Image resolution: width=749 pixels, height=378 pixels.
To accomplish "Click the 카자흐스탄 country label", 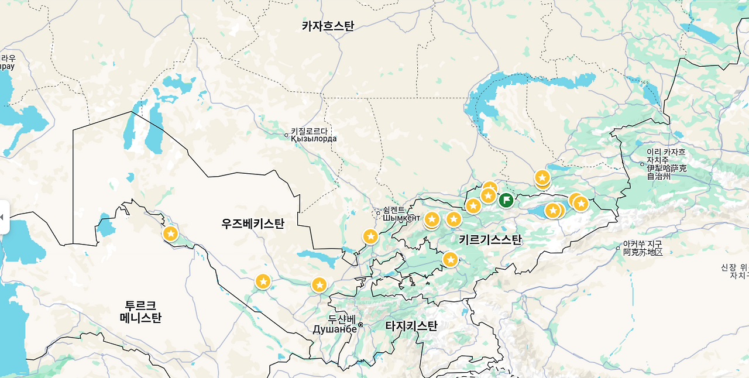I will click(328, 26).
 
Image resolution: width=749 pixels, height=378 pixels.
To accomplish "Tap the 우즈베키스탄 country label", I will click(253, 224).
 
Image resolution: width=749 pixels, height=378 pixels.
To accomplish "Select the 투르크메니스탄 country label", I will click(140, 312).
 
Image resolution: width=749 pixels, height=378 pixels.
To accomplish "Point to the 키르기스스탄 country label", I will click(490, 239).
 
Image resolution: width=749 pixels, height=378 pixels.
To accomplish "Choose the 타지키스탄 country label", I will click(411, 326).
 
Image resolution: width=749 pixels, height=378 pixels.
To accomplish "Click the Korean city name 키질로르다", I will click(310, 131).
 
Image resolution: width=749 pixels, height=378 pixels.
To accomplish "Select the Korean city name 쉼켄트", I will click(393, 209).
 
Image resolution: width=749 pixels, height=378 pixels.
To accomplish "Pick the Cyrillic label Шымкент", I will click(401, 218).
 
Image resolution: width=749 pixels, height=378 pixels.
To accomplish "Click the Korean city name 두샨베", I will click(342, 319).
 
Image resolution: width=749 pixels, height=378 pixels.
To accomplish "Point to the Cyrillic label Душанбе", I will click(334, 329).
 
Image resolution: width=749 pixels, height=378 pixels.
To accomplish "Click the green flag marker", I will click(506, 200).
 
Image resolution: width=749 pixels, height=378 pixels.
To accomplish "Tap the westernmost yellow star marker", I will click(170, 233).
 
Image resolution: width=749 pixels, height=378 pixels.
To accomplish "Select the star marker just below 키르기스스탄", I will click(450, 259).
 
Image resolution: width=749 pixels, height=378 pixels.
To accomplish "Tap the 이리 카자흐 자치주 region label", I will click(666, 164).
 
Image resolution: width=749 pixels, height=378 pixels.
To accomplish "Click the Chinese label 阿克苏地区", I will click(643, 252).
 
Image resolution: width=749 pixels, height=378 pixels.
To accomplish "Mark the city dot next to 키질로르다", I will click(286, 135).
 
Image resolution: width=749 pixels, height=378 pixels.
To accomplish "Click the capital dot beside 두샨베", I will click(360, 325).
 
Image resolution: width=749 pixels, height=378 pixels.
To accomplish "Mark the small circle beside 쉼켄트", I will click(378, 213).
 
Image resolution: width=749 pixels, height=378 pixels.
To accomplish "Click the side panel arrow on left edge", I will click(2, 217).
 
